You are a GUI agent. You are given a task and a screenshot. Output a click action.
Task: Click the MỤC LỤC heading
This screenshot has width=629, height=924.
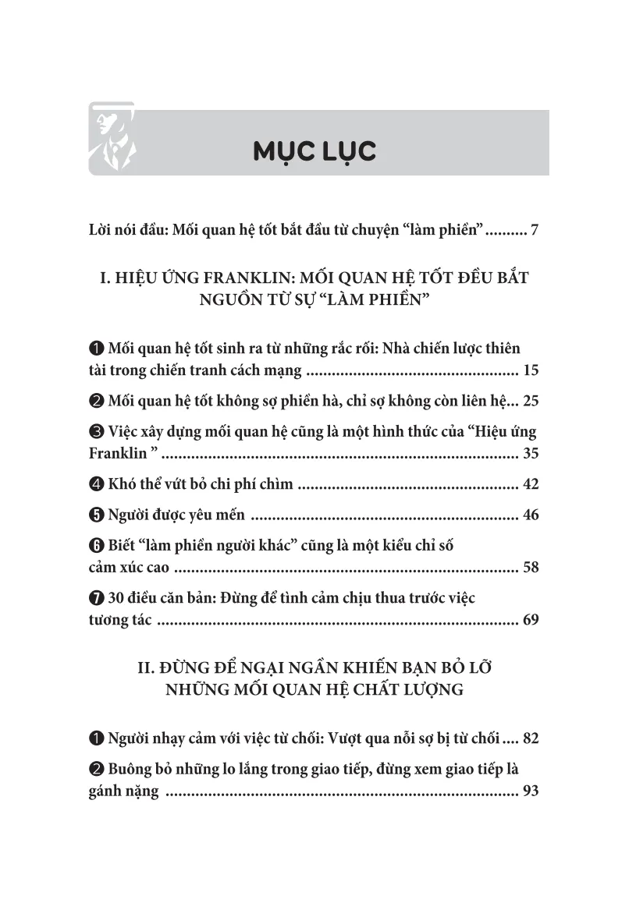click(x=314, y=150)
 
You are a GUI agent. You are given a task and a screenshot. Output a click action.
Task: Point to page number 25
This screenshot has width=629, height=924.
click(x=531, y=402)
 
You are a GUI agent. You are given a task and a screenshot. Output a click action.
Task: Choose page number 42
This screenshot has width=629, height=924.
click(x=531, y=484)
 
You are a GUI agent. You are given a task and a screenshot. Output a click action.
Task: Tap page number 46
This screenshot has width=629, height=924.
click(x=531, y=515)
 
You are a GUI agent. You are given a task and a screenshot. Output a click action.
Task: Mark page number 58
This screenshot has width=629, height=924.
click(x=531, y=567)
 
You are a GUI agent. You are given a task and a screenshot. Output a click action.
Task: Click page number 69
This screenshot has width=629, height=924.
click(x=531, y=621)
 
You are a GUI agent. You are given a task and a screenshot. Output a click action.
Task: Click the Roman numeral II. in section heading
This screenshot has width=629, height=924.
click(x=147, y=668)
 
